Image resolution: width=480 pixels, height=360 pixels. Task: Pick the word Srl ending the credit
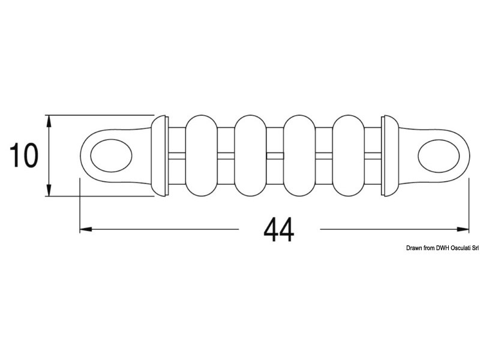tap(472, 248)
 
